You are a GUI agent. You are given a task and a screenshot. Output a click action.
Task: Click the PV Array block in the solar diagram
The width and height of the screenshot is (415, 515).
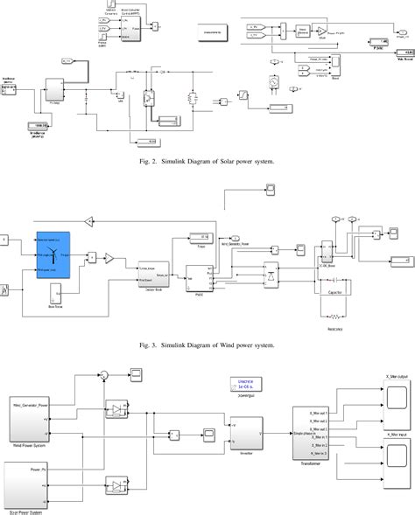[x=53, y=89]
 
